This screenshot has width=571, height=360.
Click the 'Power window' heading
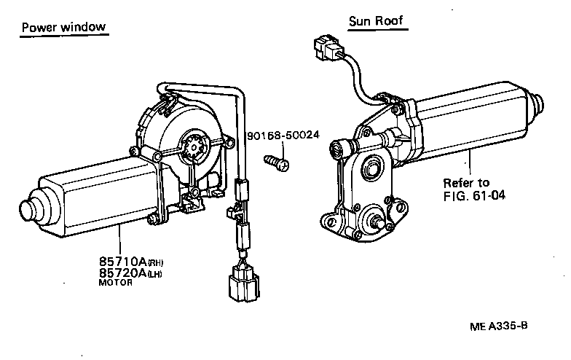(x=64, y=27)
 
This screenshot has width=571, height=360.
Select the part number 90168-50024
(x=283, y=136)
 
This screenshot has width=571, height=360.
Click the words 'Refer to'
(x=467, y=182)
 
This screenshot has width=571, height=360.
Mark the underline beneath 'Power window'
(x=64, y=36)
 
